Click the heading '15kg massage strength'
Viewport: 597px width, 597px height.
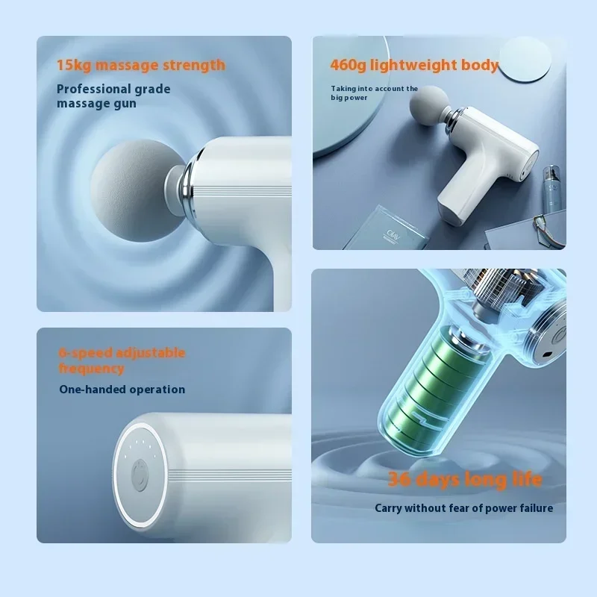point(140,65)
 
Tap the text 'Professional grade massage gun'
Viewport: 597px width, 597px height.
point(113,96)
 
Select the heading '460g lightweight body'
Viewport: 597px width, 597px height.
point(414,65)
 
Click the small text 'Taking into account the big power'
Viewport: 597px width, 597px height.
point(375,93)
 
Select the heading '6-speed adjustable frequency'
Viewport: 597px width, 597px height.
point(122,360)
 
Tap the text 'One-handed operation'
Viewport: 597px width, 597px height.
point(122,389)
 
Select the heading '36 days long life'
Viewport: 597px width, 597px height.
point(464,479)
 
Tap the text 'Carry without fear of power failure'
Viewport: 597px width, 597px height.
point(463,508)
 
